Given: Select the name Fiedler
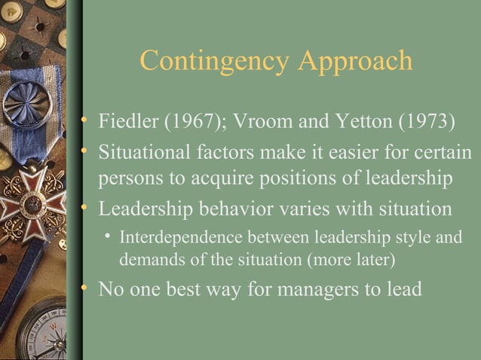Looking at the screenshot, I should (x=124, y=122).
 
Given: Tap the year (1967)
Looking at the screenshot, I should (x=183, y=122).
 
